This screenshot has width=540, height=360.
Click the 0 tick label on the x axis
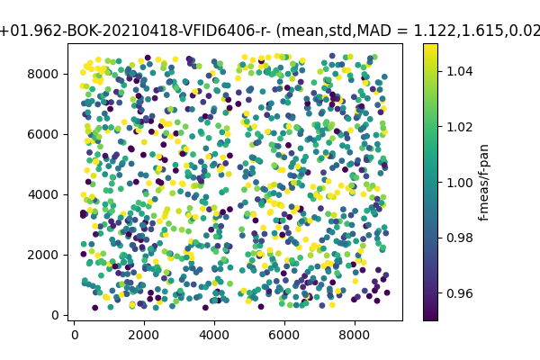[75, 334]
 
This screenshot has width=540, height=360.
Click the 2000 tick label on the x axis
[144, 334]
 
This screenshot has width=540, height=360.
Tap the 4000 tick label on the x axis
[214, 334]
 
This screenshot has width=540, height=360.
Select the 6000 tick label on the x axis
[284, 334]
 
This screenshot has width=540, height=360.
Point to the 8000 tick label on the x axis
[355, 334]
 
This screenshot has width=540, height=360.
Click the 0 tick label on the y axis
[57, 315]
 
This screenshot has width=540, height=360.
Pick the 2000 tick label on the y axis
[46, 255]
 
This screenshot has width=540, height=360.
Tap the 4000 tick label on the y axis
[46, 194]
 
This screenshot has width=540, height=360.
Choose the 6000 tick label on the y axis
[46, 134]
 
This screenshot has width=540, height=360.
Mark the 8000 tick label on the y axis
[46, 74]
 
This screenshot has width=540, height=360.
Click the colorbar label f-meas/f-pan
[484, 182]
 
